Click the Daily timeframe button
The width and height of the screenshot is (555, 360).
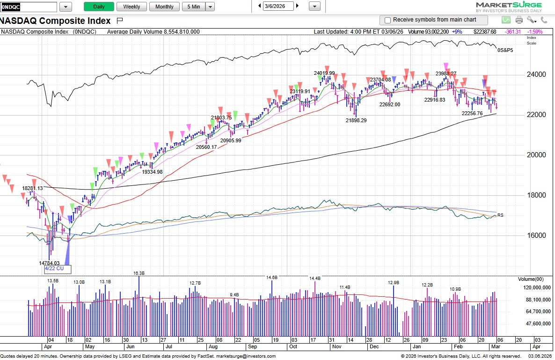point(99,7)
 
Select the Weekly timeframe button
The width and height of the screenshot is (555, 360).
point(131,7)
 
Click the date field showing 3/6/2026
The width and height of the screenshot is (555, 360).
point(279,6)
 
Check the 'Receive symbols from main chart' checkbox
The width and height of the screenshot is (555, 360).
point(387,20)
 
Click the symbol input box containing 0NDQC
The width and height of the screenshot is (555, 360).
point(29,7)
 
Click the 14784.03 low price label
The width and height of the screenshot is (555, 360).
point(49,263)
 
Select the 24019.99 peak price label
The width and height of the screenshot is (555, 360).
point(324,73)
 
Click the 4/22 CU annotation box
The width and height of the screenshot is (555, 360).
point(58,269)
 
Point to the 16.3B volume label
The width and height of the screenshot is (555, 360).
point(139,273)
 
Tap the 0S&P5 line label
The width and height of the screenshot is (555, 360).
point(505,50)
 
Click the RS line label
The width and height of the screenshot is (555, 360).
point(500,216)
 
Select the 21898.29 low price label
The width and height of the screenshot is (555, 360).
point(356,120)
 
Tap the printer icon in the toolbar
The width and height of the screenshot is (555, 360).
point(519,20)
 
